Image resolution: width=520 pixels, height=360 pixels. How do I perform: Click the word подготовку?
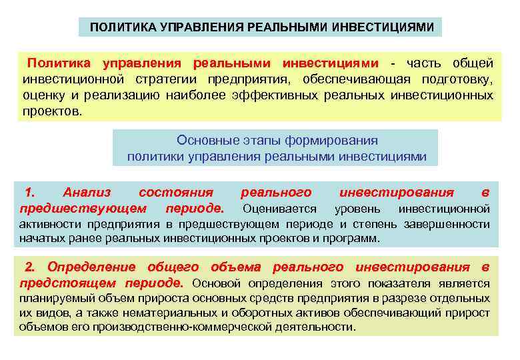[x=460, y=79]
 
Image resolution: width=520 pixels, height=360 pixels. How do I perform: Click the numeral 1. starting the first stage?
[x=29, y=193]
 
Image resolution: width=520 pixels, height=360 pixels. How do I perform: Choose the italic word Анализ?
[x=87, y=193]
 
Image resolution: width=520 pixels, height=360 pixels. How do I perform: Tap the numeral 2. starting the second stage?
[x=30, y=267]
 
